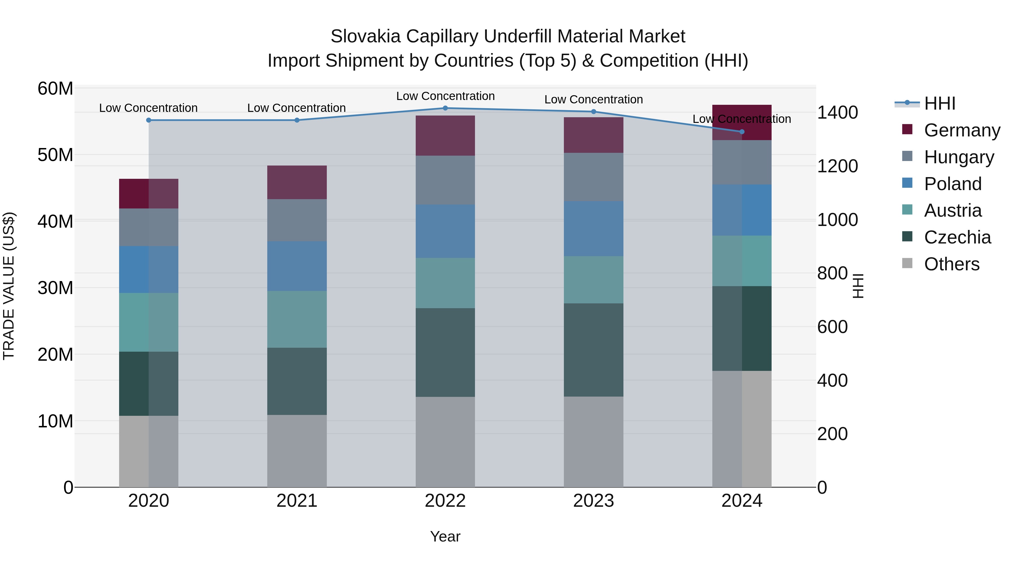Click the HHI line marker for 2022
pos(445,108)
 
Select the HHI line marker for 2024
pos(742,132)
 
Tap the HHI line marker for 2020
pos(149,120)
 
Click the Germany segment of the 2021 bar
pos(297,182)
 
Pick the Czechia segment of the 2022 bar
pos(445,353)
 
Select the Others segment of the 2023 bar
pos(594,442)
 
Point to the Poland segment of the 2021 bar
pos(297,266)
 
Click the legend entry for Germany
pos(962,130)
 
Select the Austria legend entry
pos(952,210)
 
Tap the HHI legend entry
pos(940,103)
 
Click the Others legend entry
pos(951,264)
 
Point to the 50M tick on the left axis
pos(55,155)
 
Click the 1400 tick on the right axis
pos(837,112)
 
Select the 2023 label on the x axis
pos(594,501)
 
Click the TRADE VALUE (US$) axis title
pos(9,286)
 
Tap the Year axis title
pos(445,536)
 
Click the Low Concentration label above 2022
pos(445,96)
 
